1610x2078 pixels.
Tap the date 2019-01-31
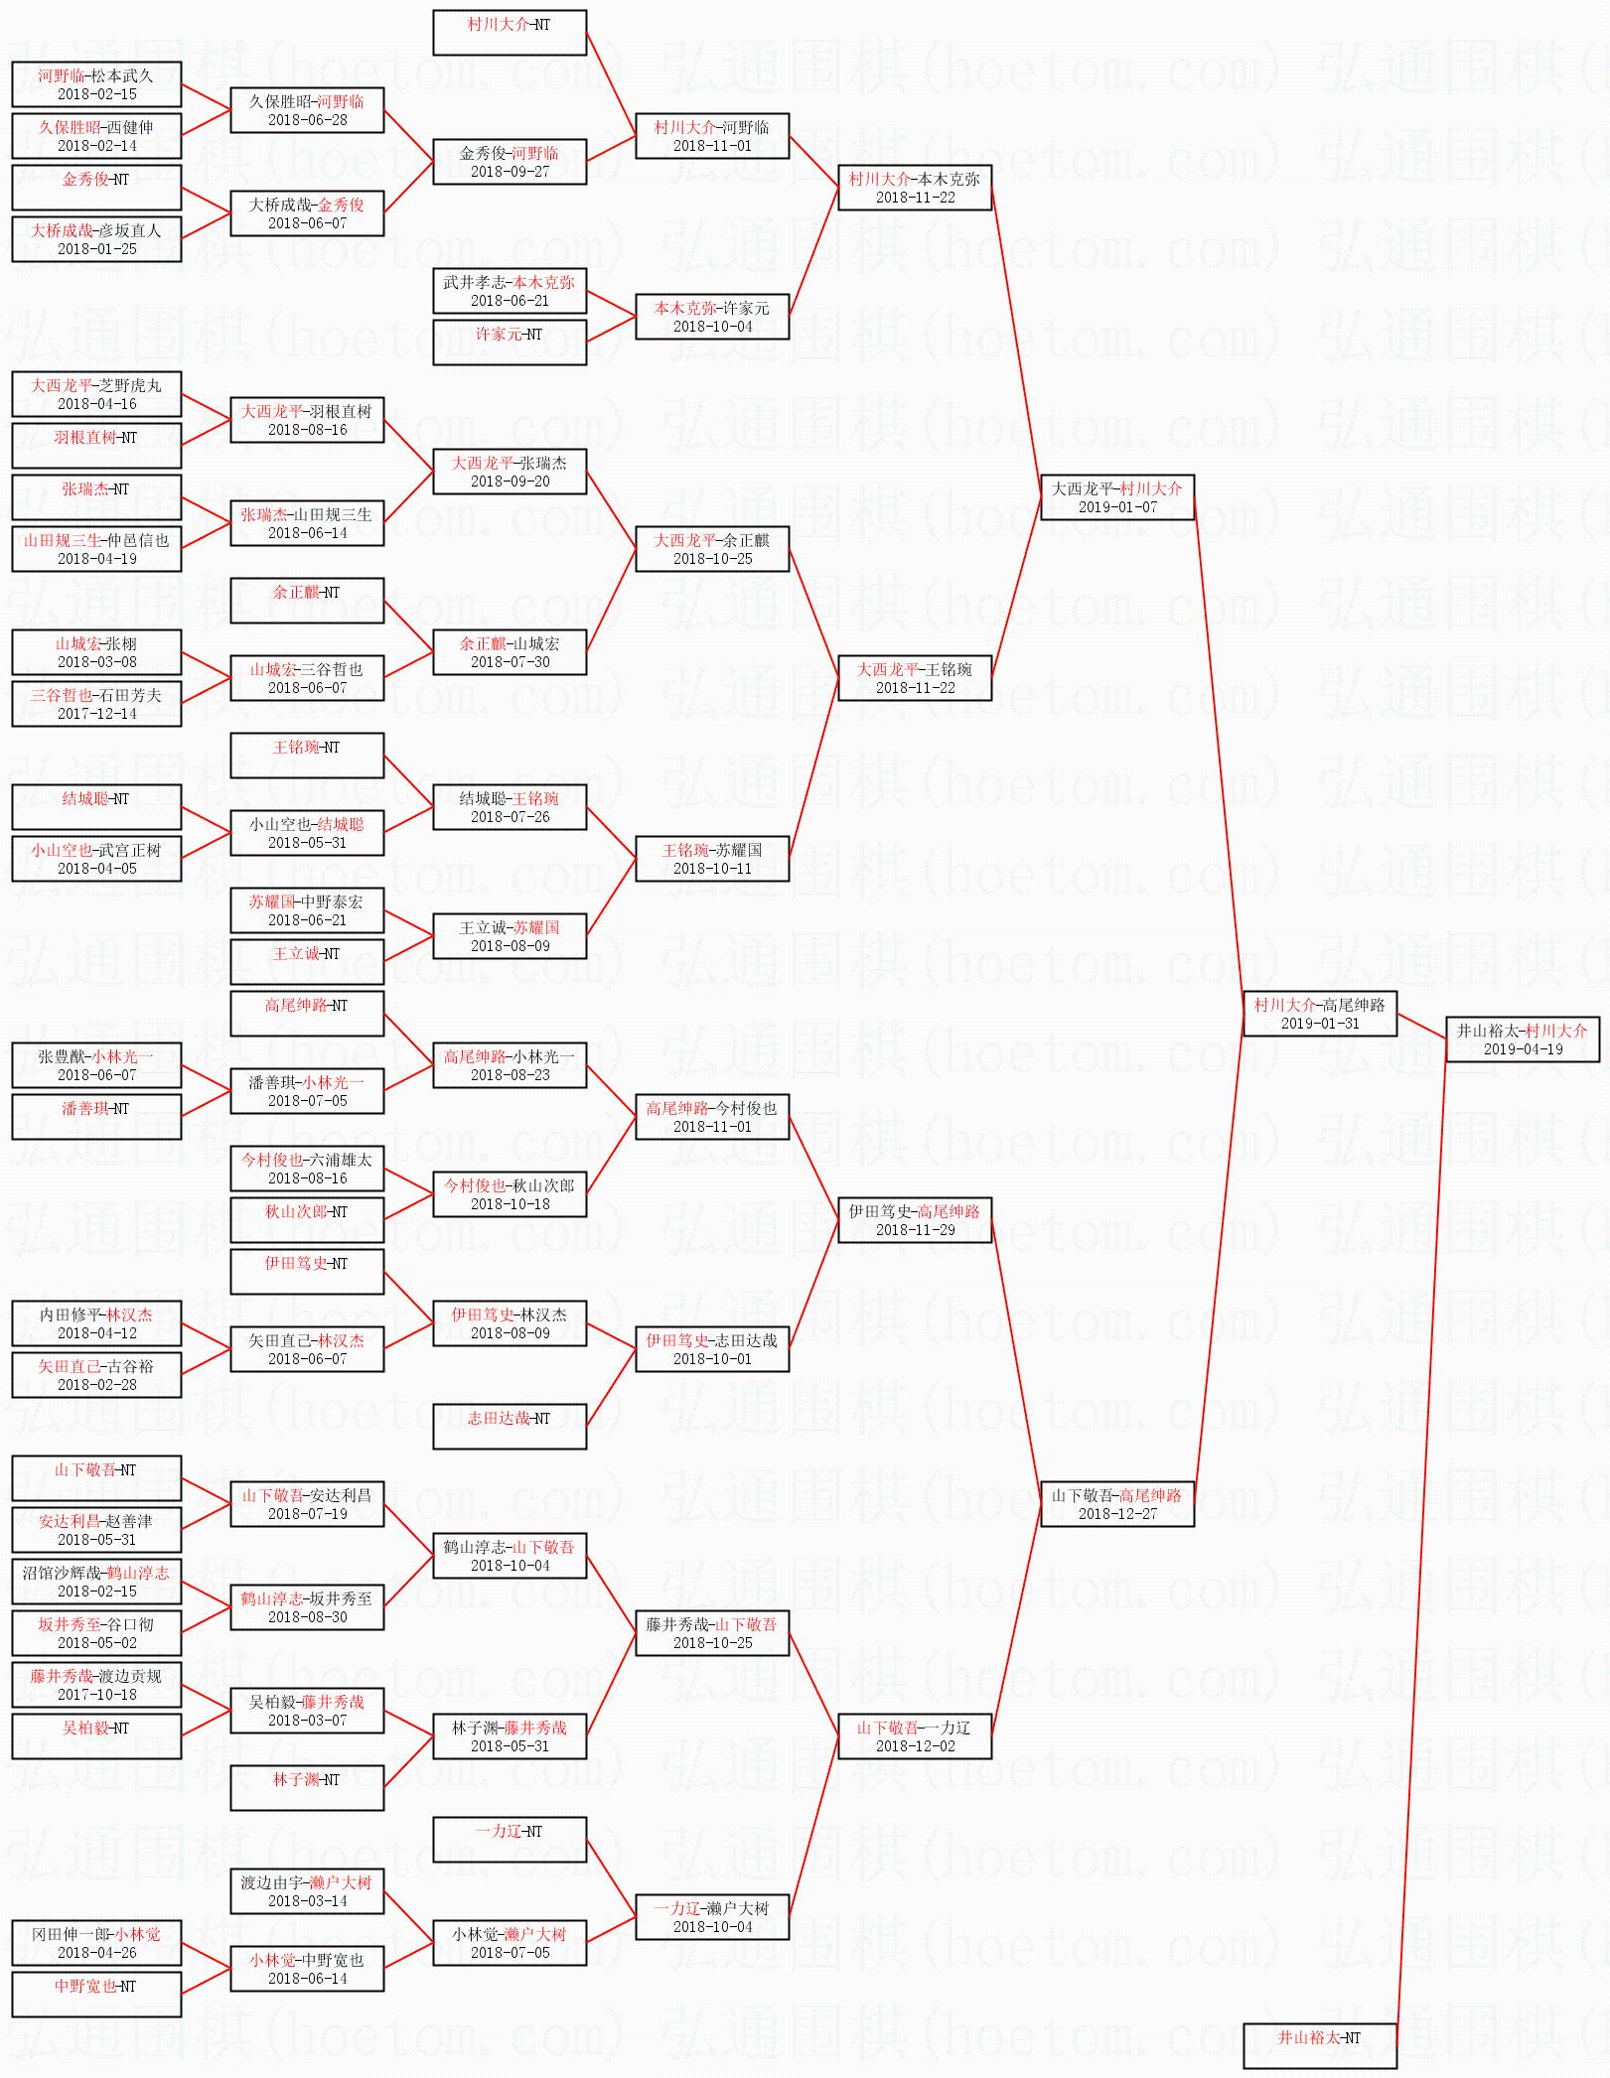[1320, 1024]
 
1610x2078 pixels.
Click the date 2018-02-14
[97, 146]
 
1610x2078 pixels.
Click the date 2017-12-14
[97, 714]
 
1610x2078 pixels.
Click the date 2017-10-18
[97, 1695]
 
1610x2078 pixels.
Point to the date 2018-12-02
[915, 1746]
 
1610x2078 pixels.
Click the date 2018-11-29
[915, 1230]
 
